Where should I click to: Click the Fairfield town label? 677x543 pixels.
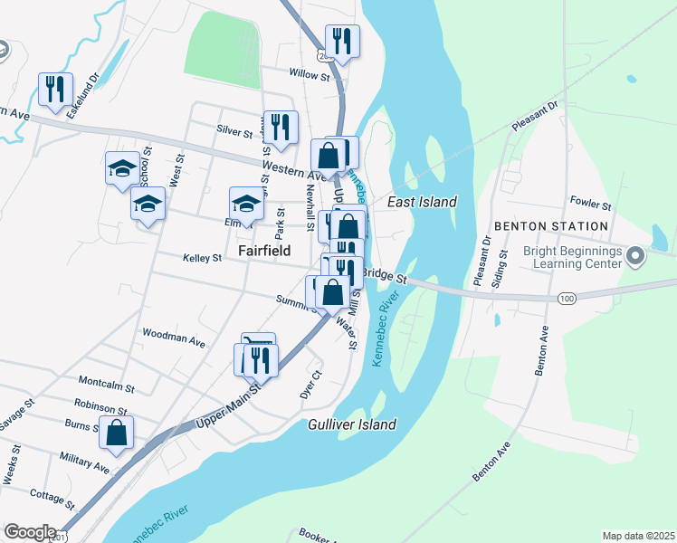click(264, 249)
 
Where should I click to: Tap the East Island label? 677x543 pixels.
click(422, 203)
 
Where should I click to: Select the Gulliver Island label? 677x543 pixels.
click(352, 424)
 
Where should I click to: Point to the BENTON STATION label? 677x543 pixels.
click(550, 226)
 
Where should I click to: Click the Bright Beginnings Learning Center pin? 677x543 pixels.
click(634, 258)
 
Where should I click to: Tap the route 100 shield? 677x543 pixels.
click(567, 298)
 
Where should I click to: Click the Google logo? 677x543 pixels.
click(30, 532)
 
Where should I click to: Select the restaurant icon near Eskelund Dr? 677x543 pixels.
click(56, 90)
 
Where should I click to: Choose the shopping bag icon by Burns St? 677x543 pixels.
click(117, 433)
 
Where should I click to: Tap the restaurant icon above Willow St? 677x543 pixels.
click(342, 41)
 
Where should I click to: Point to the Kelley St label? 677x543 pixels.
click(203, 258)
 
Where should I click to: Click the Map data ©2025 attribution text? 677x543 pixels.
click(637, 536)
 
